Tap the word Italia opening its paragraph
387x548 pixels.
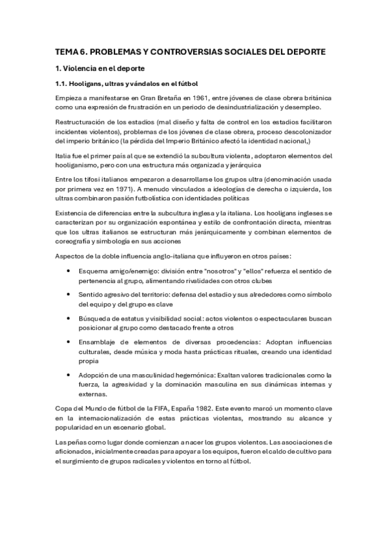coord(64,155)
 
